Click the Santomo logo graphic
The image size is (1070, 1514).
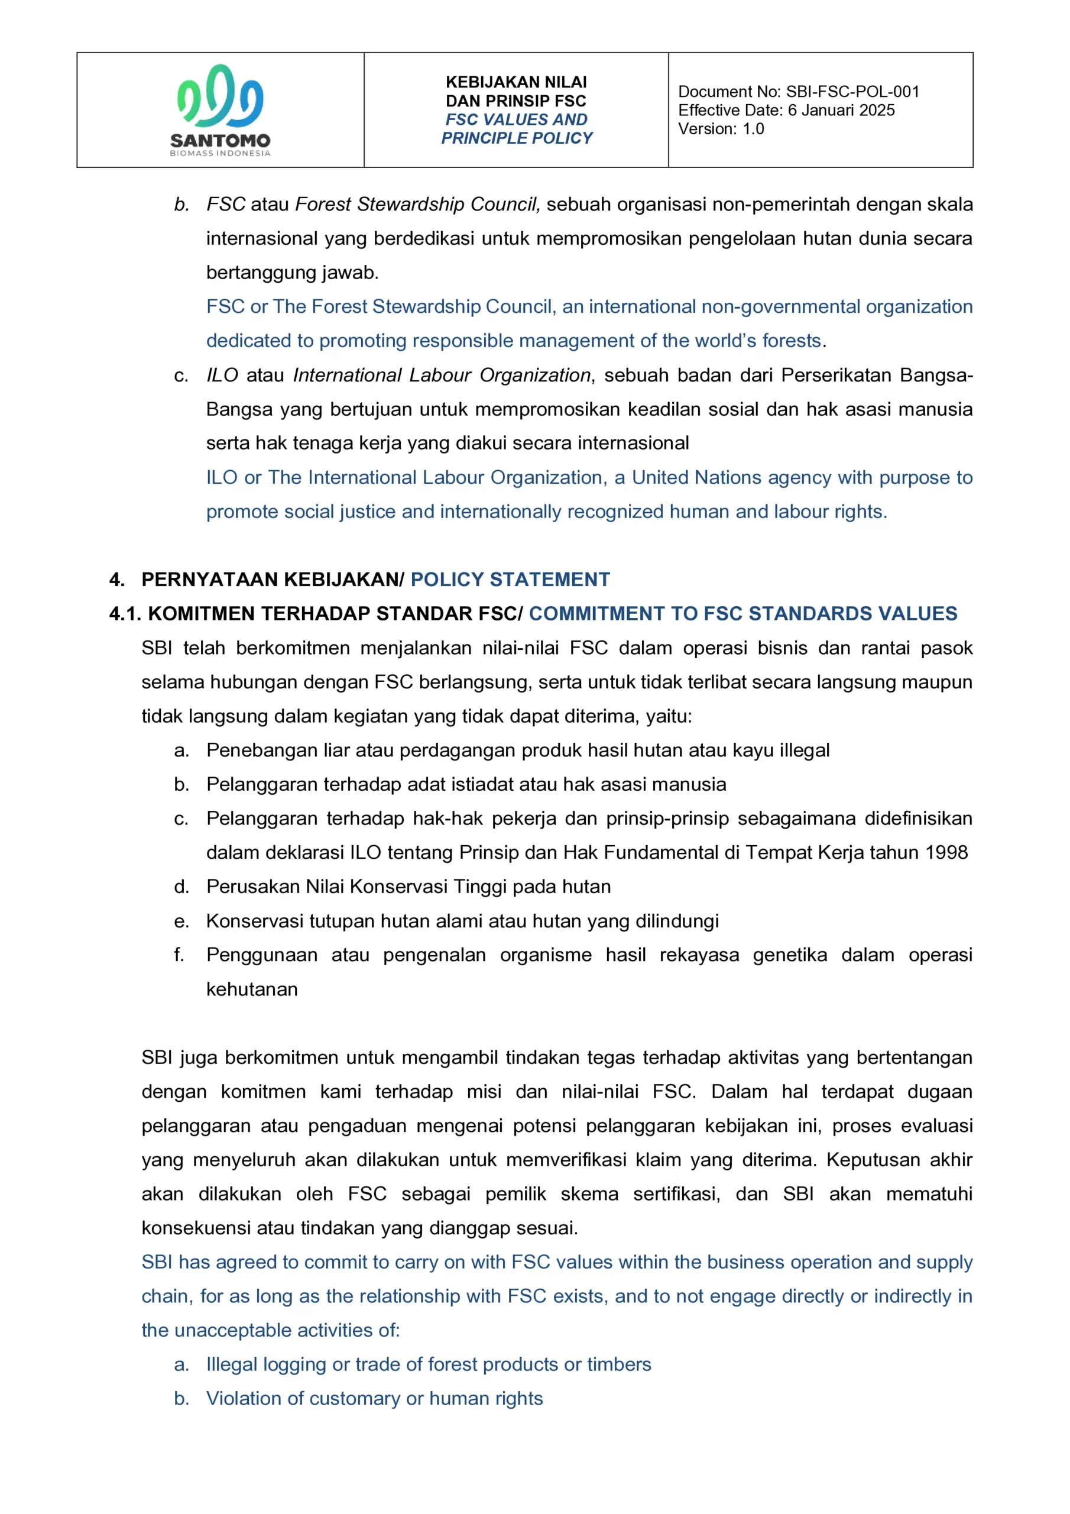219,96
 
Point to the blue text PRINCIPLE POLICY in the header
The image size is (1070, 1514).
516,138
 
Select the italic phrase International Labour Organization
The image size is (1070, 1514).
441,375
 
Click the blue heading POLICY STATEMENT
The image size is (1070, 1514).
510,579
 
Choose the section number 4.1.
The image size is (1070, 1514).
125,613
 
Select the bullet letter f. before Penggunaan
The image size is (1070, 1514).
179,955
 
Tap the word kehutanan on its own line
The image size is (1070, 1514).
252,989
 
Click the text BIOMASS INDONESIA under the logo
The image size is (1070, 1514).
219,153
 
